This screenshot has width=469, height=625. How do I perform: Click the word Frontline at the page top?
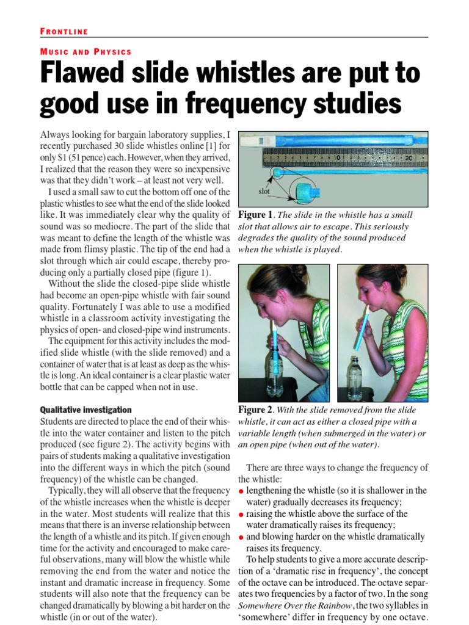coord(64,31)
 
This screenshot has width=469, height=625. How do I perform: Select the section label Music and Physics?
coord(85,52)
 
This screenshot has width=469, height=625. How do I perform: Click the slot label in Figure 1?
coord(264,191)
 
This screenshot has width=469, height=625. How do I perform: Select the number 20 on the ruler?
coord(409,157)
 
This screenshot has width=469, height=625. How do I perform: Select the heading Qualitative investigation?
coord(85,410)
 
